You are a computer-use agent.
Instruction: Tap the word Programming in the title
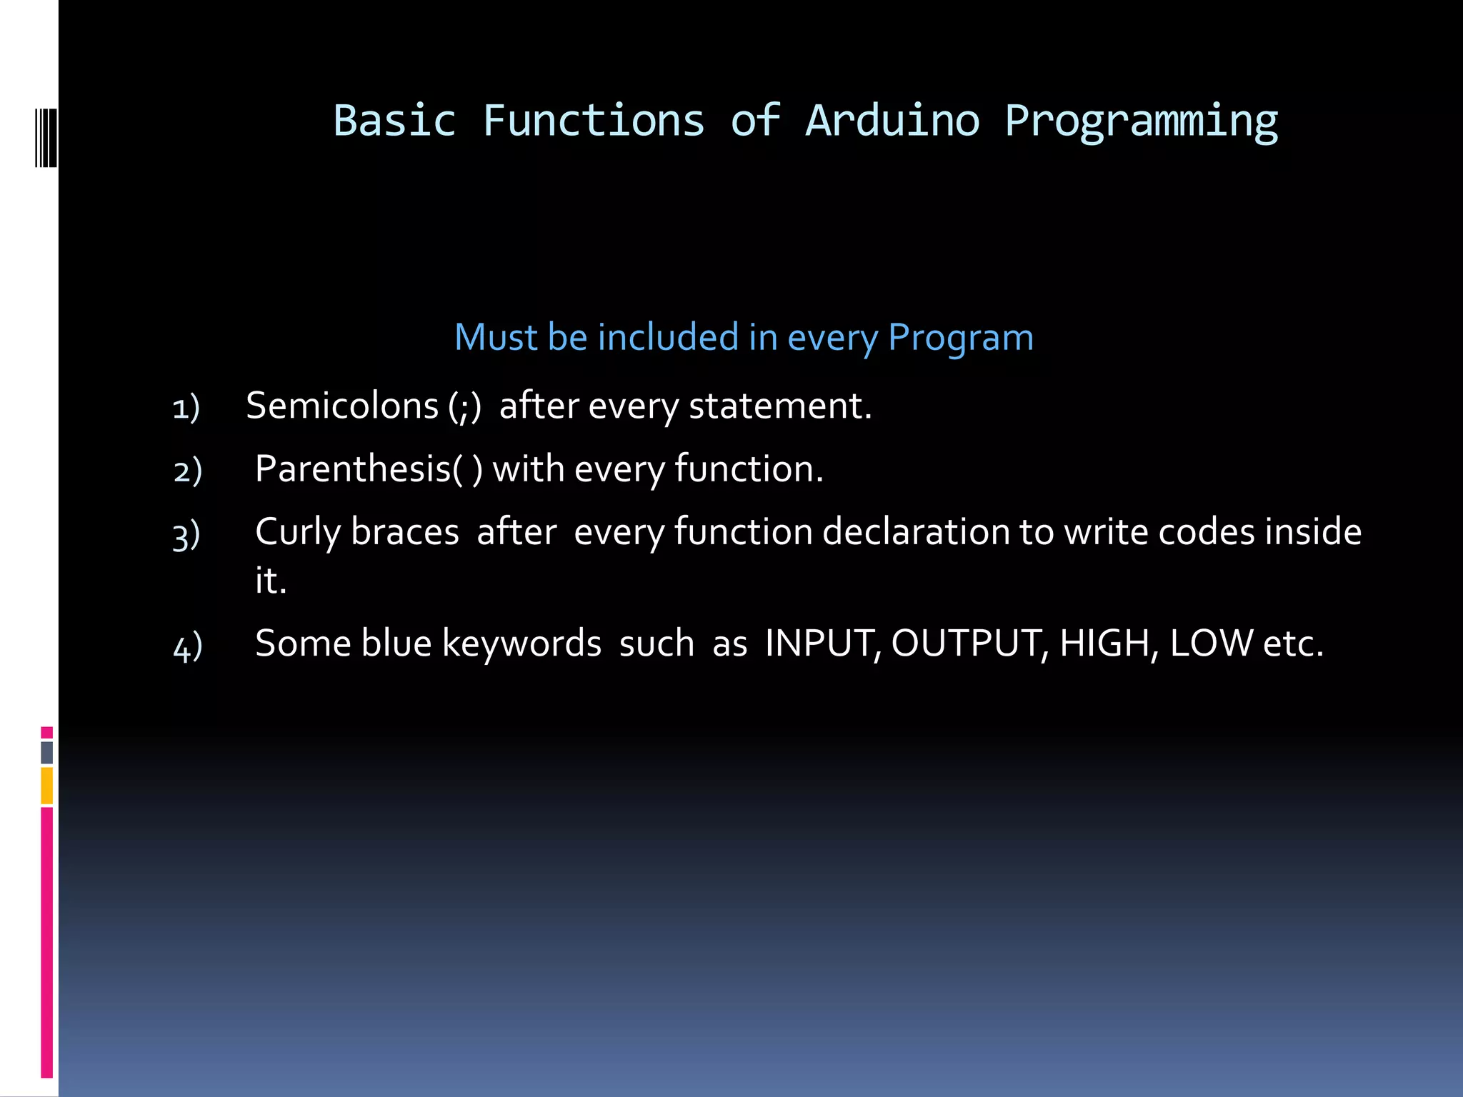click(x=1141, y=121)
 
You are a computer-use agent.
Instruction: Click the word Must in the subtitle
click(x=496, y=337)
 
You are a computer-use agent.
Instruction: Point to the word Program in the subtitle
click(x=960, y=339)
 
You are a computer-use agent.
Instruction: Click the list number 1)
click(x=186, y=408)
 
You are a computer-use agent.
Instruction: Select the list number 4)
click(x=188, y=646)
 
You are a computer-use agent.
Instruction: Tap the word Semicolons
click(x=342, y=406)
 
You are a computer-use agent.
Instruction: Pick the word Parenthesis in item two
click(x=353, y=469)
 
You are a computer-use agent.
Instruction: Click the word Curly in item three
click(x=297, y=533)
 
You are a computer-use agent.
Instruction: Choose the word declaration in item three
click(x=915, y=532)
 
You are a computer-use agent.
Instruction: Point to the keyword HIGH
click(x=1104, y=643)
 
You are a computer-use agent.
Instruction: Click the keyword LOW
click(x=1211, y=643)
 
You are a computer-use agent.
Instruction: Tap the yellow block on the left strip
click(x=47, y=786)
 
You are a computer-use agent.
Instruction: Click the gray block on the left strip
click(x=47, y=753)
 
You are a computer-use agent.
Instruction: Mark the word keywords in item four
click(x=521, y=643)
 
